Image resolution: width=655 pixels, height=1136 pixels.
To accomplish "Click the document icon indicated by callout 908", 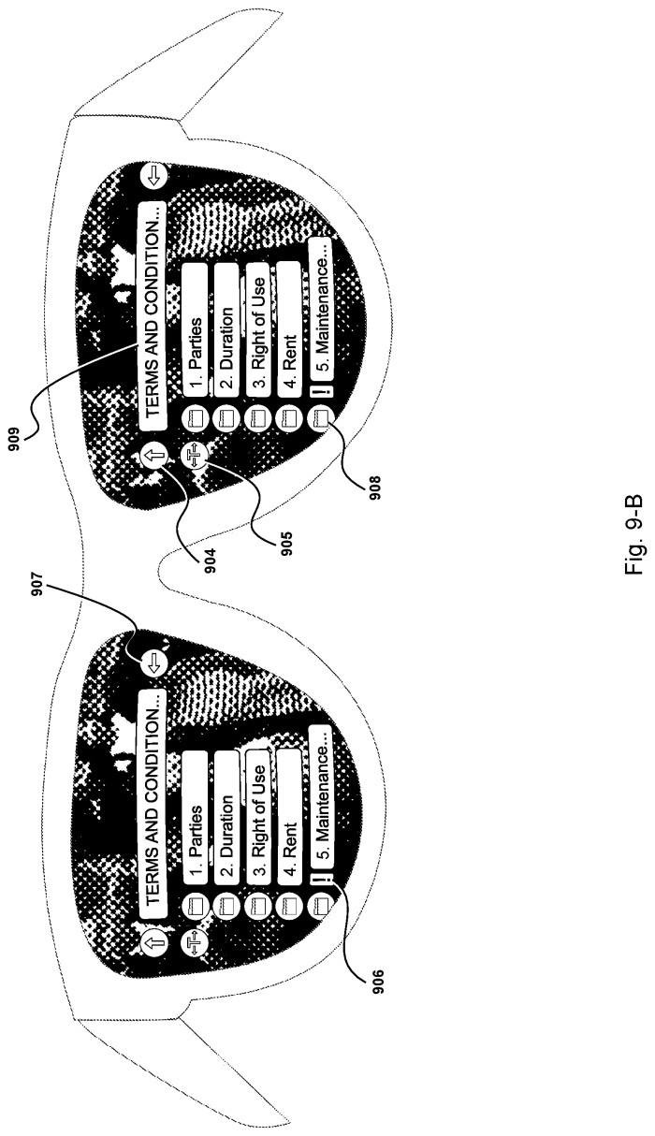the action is click(320, 419).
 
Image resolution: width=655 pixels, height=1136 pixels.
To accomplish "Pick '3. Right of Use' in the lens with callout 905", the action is click(258, 332).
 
